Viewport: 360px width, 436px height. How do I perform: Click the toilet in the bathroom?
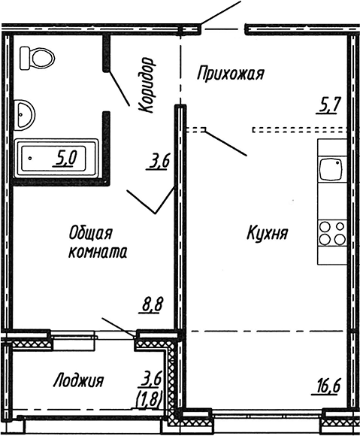(37, 57)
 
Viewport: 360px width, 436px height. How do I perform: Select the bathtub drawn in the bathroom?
(57, 157)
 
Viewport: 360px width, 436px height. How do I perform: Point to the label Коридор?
(145, 85)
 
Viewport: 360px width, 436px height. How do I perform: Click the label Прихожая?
(231, 73)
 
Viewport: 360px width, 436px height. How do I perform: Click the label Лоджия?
(78, 380)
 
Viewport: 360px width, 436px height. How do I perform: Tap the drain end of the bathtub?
(29, 157)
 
